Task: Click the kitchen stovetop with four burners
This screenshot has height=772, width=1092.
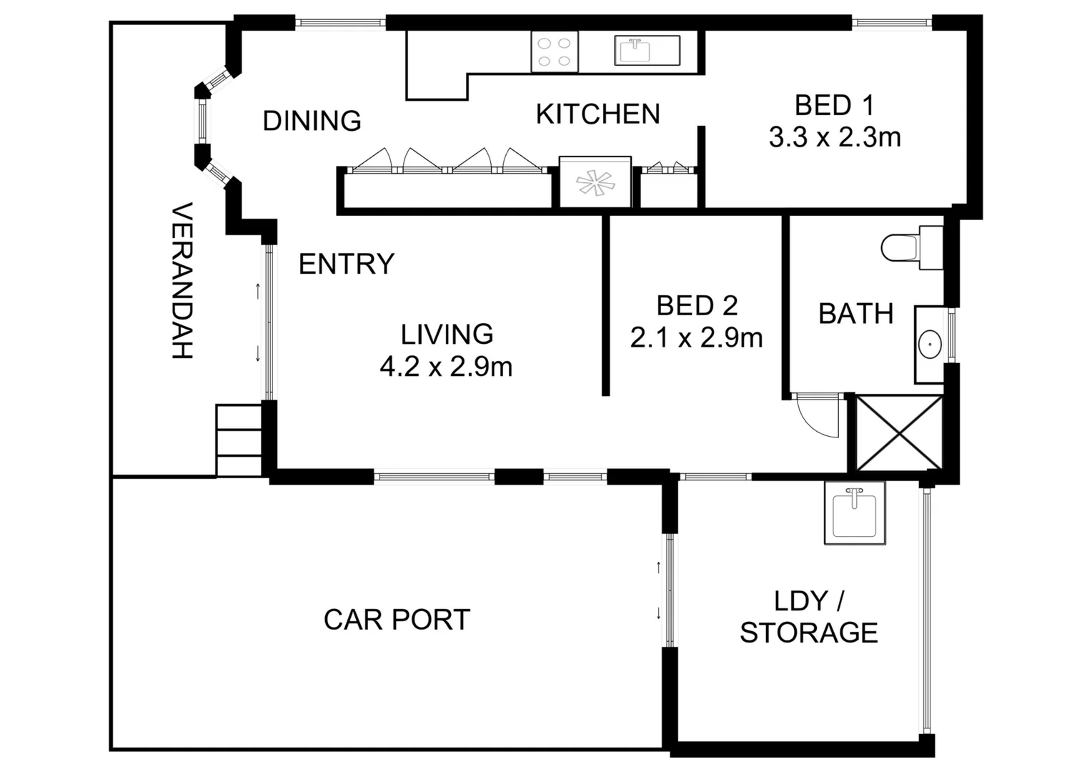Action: coord(554,52)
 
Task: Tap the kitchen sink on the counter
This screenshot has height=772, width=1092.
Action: coord(632,51)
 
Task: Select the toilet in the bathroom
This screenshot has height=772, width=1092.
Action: coord(902,249)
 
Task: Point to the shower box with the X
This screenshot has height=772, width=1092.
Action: coord(899,434)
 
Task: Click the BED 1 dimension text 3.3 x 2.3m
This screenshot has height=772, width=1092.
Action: coord(834,137)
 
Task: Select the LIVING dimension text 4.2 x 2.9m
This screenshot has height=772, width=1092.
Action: coord(446,367)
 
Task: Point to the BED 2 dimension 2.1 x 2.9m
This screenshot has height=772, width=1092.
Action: coord(696,337)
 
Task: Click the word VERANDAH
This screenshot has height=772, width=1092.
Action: coord(183,281)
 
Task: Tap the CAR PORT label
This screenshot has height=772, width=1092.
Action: coord(397,620)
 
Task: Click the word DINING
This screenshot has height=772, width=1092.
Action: coord(312,121)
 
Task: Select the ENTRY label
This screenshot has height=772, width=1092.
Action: coord(346,264)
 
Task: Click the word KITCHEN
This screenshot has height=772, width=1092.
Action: coord(597,114)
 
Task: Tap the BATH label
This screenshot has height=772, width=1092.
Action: coord(855,314)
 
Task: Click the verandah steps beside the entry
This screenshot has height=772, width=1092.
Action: coord(239,440)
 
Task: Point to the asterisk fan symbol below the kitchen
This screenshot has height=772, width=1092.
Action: coord(595,182)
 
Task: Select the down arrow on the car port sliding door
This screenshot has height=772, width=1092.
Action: coord(658,613)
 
